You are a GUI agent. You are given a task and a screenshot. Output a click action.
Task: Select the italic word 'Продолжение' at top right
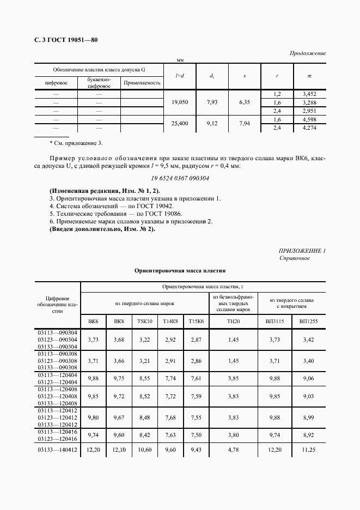[x=307, y=53]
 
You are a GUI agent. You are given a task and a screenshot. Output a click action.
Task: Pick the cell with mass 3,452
[x=309, y=94]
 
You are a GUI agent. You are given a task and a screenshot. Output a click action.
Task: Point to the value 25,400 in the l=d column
[x=180, y=124]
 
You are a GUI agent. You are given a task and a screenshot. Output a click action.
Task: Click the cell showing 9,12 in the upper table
[x=212, y=124]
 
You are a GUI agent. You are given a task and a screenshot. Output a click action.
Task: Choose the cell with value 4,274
[x=309, y=128]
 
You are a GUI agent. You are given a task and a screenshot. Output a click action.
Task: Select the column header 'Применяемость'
[x=142, y=83]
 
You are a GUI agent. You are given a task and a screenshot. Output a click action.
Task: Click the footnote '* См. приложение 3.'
[x=76, y=143]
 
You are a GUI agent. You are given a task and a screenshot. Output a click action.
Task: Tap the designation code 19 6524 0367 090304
[x=180, y=178]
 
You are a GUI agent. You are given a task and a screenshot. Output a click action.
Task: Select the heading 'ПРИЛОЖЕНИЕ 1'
[x=302, y=251]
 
